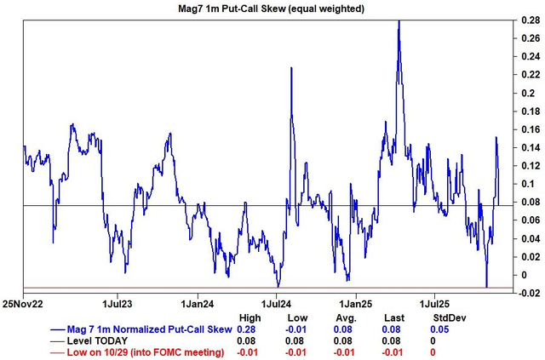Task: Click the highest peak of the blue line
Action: point(399,20)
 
